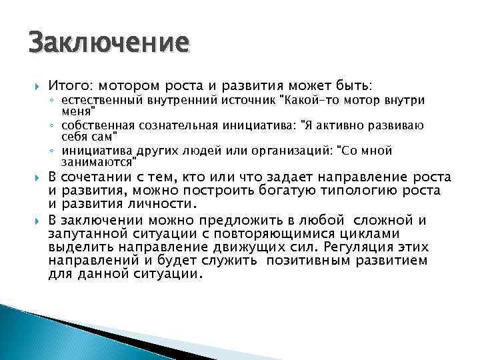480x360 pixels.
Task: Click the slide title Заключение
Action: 109,43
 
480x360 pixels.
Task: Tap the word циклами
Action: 369,234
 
